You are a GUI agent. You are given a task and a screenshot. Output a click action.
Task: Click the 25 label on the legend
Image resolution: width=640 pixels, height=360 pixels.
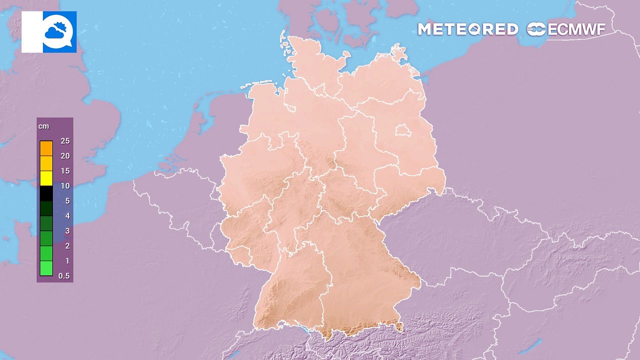[x=65, y=141]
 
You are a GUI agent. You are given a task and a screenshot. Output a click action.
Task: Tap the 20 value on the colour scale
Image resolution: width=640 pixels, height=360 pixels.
[x=65, y=156]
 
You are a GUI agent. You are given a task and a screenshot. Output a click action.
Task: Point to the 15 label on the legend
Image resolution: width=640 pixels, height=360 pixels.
[x=65, y=171]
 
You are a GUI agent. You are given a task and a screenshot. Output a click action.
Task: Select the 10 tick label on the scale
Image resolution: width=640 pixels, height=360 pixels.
[x=65, y=186]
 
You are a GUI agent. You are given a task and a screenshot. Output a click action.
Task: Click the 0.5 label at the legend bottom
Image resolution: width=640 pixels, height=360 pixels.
[x=64, y=276]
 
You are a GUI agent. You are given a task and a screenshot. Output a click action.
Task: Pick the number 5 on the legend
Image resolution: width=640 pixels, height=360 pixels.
[x=67, y=201]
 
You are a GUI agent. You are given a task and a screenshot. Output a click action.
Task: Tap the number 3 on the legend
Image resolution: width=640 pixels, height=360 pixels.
[x=67, y=231]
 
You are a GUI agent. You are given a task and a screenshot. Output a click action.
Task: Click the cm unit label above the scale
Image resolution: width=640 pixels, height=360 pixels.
[x=44, y=126]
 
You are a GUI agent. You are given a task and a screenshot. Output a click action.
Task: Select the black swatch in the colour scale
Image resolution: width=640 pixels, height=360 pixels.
[x=46, y=193]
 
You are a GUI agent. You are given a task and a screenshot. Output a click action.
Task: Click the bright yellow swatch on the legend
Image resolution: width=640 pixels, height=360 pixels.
[x=46, y=178]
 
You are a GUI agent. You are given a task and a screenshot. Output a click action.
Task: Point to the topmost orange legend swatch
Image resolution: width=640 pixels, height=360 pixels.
[x=46, y=148]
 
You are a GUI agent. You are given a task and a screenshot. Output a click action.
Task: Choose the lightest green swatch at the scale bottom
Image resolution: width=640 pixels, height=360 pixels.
[x=46, y=268]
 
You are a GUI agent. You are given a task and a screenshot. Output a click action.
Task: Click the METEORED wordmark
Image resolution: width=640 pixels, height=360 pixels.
[x=468, y=29]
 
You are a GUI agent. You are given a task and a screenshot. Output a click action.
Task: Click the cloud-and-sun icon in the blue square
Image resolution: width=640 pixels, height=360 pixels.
[x=59, y=31]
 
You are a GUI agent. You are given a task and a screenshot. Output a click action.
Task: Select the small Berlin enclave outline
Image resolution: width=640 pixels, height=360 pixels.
[x=403, y=131]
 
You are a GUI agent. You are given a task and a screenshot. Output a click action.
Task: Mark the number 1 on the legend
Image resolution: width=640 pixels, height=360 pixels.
[x=67, y=261]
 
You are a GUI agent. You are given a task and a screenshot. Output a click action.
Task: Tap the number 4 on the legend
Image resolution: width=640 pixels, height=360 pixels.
[x=67, y=216]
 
